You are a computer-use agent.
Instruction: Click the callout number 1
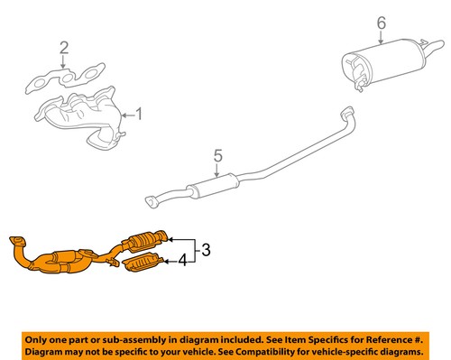click(x=138, y=114)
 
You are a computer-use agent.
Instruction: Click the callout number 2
click(x=63, y=46)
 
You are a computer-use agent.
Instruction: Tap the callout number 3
click(x=205, y=250)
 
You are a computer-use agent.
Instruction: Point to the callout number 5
click(x=216, y=157)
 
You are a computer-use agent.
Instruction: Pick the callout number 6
click(x=381, y=23)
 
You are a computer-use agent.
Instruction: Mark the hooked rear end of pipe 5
click(x=345, y=115)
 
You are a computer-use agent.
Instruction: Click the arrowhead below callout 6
click(x=381, y=42)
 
